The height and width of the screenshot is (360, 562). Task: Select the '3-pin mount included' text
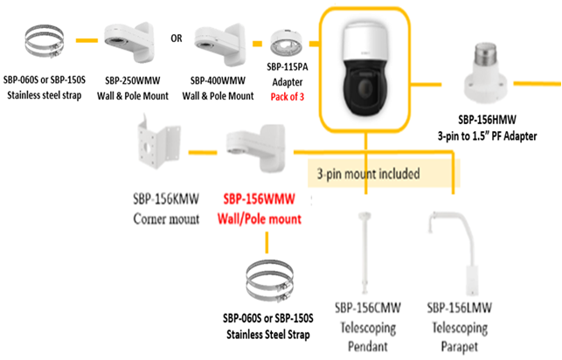[371, 173]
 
